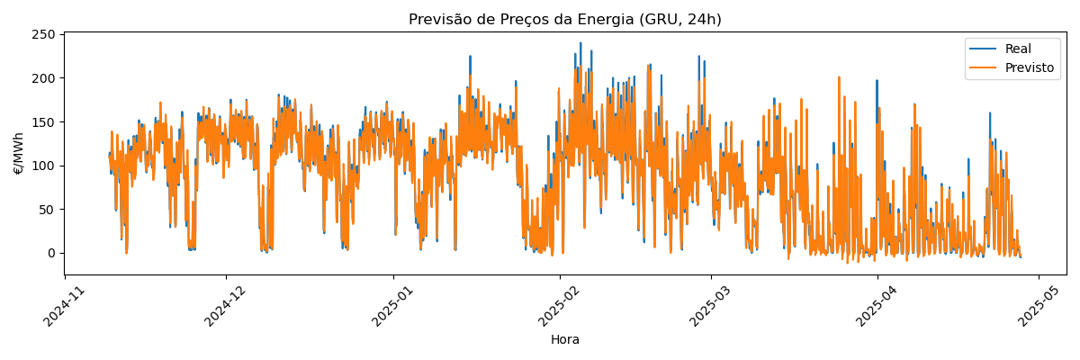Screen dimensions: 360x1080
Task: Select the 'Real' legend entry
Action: click(1018, 49)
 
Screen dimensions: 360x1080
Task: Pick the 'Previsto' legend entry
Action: click(1029, 68)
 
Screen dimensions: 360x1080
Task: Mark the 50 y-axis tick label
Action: click(49, 210)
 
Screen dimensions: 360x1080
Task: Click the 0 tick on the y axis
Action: click(52, 253)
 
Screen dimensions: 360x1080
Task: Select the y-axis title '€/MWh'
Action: click(19, 153)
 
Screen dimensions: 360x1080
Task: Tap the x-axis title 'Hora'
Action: click(564, 340)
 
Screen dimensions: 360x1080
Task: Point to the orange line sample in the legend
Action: click(983, 68)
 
